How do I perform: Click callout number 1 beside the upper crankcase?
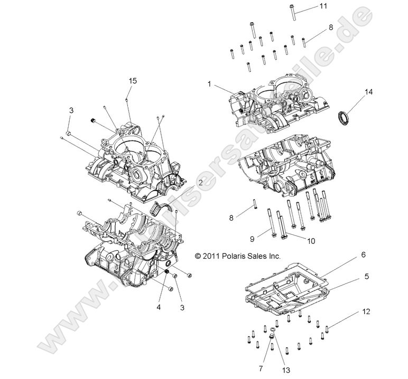[209, 84]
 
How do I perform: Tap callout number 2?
[201, 182]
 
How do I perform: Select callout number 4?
[158, 307]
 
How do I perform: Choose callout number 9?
[252, 239]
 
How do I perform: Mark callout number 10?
[311, 241]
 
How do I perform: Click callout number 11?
[323, 6]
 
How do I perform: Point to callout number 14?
[368, 92]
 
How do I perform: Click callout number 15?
[133, 80]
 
